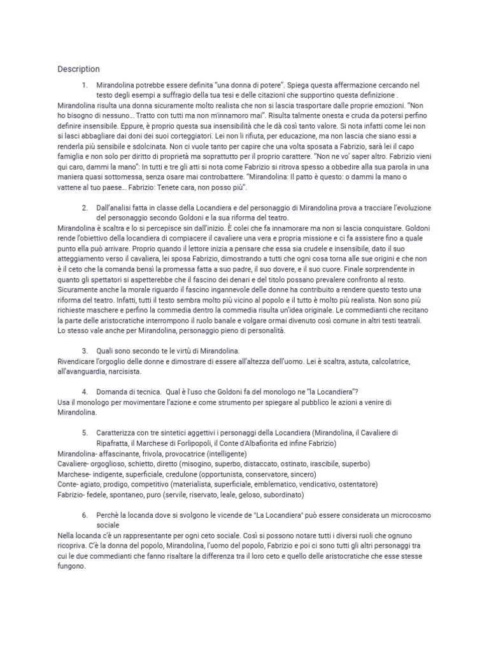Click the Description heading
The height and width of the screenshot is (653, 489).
tap(78, 69)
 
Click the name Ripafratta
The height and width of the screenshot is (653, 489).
tap(117, 443)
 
